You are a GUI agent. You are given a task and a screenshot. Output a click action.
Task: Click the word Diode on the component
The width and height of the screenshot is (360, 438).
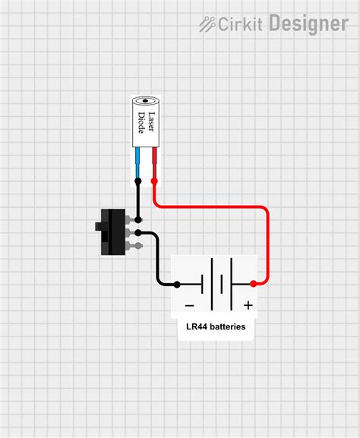pyautogui.click(x=142, y=121)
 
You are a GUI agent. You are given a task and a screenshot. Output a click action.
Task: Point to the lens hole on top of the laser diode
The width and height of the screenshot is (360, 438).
pyautogui.click(x=146, y=100)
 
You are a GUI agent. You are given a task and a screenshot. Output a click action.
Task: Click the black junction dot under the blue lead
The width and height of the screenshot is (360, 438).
pyautogui.click(x=138, y=181)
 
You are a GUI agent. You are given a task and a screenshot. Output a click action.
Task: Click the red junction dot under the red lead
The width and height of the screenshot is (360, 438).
pyautogui.click(x=154, y=181)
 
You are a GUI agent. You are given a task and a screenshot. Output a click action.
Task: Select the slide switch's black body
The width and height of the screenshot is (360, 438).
pyautogui.click(x=115, y=232)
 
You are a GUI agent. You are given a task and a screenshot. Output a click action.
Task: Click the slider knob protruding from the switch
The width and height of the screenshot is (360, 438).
pyautogui.click(x=99, y=226)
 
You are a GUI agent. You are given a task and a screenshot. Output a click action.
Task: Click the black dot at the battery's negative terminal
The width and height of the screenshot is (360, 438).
pyautogui.click(x=176, y=285)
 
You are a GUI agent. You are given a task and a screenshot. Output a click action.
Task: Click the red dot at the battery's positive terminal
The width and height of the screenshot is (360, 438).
pyautogui.click(x=253, y=285)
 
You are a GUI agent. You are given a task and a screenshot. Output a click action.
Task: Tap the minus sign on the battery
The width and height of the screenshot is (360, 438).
pyautogui.click(x=189, y=306)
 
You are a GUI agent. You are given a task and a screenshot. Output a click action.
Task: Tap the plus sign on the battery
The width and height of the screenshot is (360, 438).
pyautogui.click(x=248, y=306)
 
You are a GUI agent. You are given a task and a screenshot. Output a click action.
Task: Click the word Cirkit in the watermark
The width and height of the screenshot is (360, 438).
pyautogui.click(x=241, y=24)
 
